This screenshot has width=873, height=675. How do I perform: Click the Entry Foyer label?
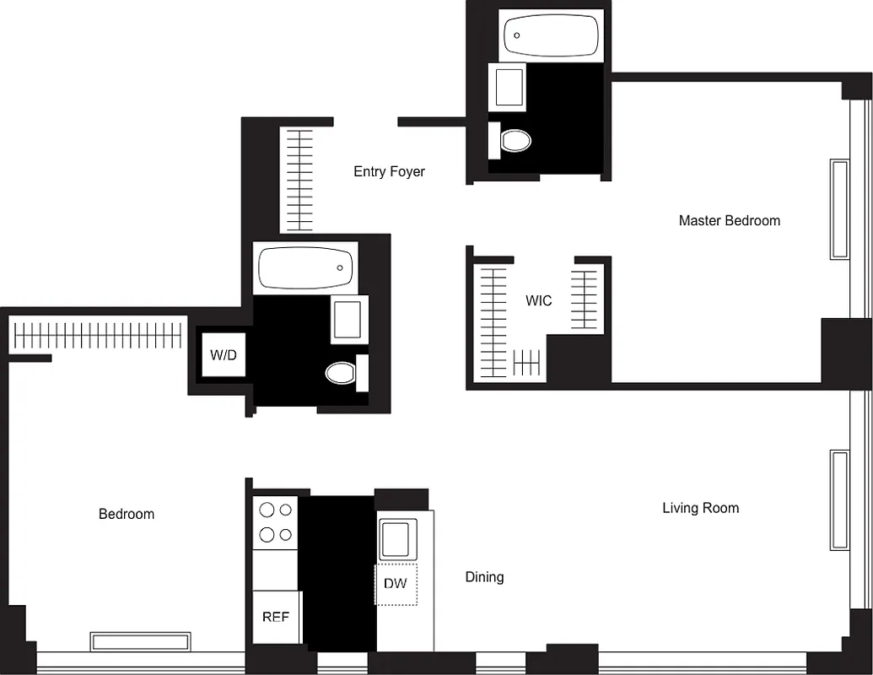point(389,171)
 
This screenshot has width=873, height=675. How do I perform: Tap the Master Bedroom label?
point(729,220)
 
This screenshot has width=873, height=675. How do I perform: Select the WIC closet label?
point(538,300)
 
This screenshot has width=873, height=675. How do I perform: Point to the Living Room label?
point(700,507)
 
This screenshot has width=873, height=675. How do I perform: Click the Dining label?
point(484,577)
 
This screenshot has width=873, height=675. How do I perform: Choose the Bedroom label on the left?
point(127,514)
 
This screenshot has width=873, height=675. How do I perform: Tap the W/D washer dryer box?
point(223,354)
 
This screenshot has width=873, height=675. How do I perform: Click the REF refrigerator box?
point(276,617)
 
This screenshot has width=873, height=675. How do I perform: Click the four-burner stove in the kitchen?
point(276,521)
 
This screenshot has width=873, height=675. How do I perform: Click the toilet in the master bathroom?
point(513,139)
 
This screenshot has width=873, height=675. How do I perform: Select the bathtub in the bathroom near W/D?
point(304,267)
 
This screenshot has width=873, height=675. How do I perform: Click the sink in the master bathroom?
point(509,87)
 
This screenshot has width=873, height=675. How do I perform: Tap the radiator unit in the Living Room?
point(839,499)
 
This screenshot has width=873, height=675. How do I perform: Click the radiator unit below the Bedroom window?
point(140,641)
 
